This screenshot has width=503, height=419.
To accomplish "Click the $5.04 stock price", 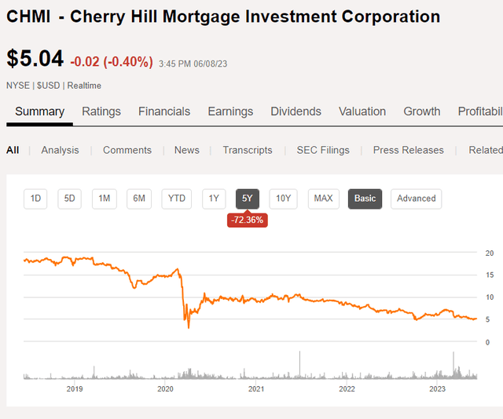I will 35,60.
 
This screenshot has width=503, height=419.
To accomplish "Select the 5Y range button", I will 248,199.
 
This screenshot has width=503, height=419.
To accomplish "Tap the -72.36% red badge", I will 248,220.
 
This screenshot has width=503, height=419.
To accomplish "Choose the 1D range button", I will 35,199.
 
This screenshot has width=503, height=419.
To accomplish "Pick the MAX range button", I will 323,199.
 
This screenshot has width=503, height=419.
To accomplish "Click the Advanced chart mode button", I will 416,199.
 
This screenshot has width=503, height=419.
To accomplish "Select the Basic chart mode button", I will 365,199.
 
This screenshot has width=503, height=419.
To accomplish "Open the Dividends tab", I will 296,111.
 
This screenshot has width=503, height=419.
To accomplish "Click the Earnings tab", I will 230,111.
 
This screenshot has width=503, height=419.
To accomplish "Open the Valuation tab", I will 362,111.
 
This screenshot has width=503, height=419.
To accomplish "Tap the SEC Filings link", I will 323,150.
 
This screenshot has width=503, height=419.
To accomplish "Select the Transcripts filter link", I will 247,150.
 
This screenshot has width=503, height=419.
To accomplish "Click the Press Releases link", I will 408,150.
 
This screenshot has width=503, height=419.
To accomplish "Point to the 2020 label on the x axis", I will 165,389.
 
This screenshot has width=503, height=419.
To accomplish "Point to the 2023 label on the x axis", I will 437,389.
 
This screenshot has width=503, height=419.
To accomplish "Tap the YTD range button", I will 177,199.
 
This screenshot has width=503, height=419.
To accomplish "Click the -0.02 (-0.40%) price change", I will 112,61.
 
